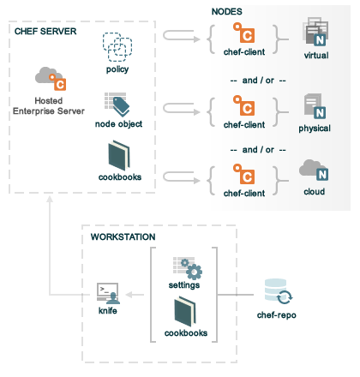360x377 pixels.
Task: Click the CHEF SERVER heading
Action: [x=45, y=31]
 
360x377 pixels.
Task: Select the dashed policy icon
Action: [x=117, y=47]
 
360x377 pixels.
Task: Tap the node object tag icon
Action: [x=117, y=105]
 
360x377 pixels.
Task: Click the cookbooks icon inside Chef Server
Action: [x=119, y=156]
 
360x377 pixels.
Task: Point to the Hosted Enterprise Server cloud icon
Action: [x=51, y=79]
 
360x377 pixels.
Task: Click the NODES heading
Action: [x=227, y=11]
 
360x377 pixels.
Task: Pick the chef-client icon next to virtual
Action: [x=243, y=33]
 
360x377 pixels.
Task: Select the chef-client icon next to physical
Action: [x=243, y=105]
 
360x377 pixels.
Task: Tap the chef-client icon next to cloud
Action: [x=243, y=174]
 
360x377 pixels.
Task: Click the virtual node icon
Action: [x=315, y=32]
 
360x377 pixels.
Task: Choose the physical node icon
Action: [x=315, y=106]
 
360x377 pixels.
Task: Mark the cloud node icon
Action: [x=314, y=171]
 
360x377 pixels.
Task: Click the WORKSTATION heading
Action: [x=123, y=236]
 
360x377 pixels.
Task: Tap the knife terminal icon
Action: [x=108, y=293]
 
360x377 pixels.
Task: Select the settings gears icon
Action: [x=188, y=268]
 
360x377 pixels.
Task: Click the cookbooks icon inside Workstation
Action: [x=185, y=312]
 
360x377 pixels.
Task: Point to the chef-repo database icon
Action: [x=279, y=291]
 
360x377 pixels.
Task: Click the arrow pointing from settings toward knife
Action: [x=135, y=295]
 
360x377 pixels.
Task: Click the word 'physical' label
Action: [x=315, y=129]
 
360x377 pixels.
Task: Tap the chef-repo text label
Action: [x=277, y=315]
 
